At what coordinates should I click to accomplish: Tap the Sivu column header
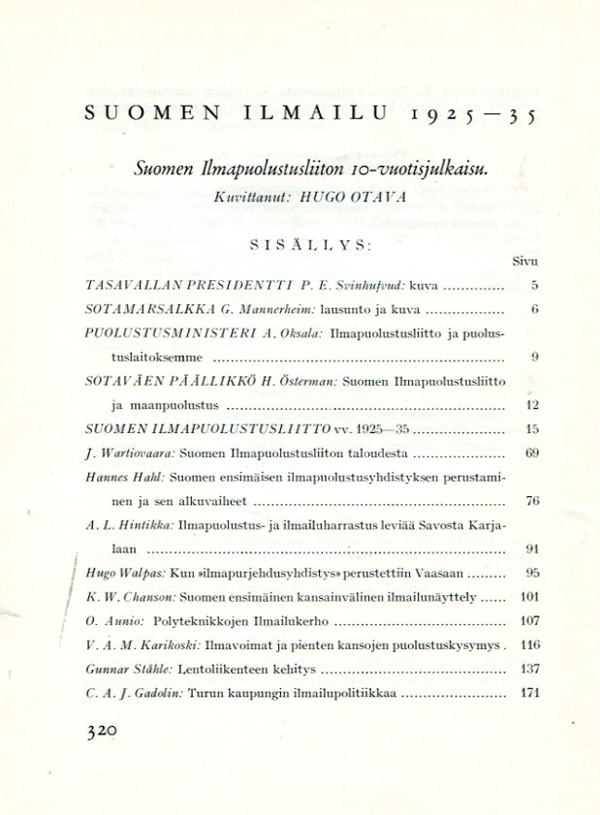pos(524,262)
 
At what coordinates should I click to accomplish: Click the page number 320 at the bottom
pos(101,734)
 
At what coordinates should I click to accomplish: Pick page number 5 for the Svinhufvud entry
pos(534,286)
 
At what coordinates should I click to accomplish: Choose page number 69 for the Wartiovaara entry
pos(531,453)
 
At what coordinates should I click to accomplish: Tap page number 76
pos(531,501)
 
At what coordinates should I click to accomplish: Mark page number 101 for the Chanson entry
pos(529,597)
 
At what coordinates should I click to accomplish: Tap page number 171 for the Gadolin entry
pos(529,693)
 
